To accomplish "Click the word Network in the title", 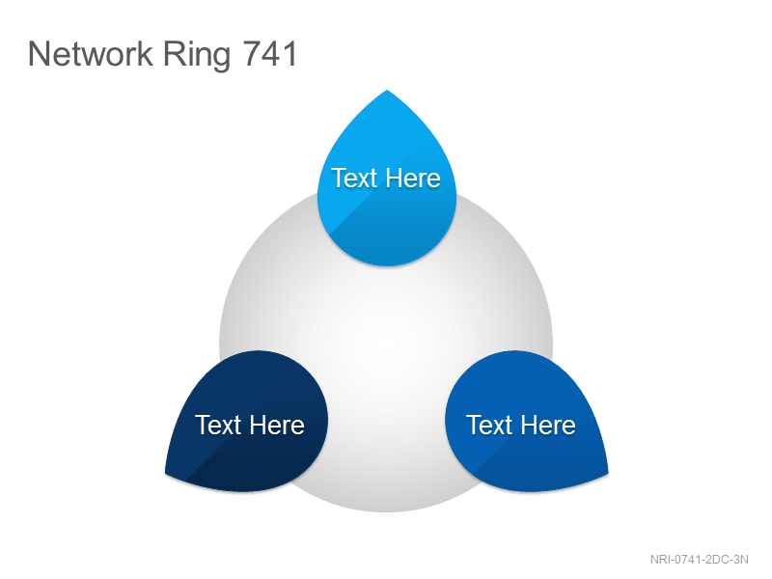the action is pos(91,53).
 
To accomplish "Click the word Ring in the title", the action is pos(197,56).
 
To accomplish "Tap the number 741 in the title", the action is pos(270,53).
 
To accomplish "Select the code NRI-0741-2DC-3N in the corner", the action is pos(699,560).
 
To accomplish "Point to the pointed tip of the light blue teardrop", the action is pos(387,90).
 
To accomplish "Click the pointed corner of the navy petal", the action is pos(165,474).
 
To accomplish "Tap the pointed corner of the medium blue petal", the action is pos(608,474).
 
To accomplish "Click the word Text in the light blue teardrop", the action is pos(353,178).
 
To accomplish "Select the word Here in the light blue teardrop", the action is pos(412,178).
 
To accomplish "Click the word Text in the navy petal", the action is pos(218,425).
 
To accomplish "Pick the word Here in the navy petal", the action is pos(276,425).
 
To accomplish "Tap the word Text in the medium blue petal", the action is pos(489,425).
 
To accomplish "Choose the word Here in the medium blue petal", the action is pos(547,425).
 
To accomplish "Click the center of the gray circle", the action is pos(386,345).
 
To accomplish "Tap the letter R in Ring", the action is pos(174,53).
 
